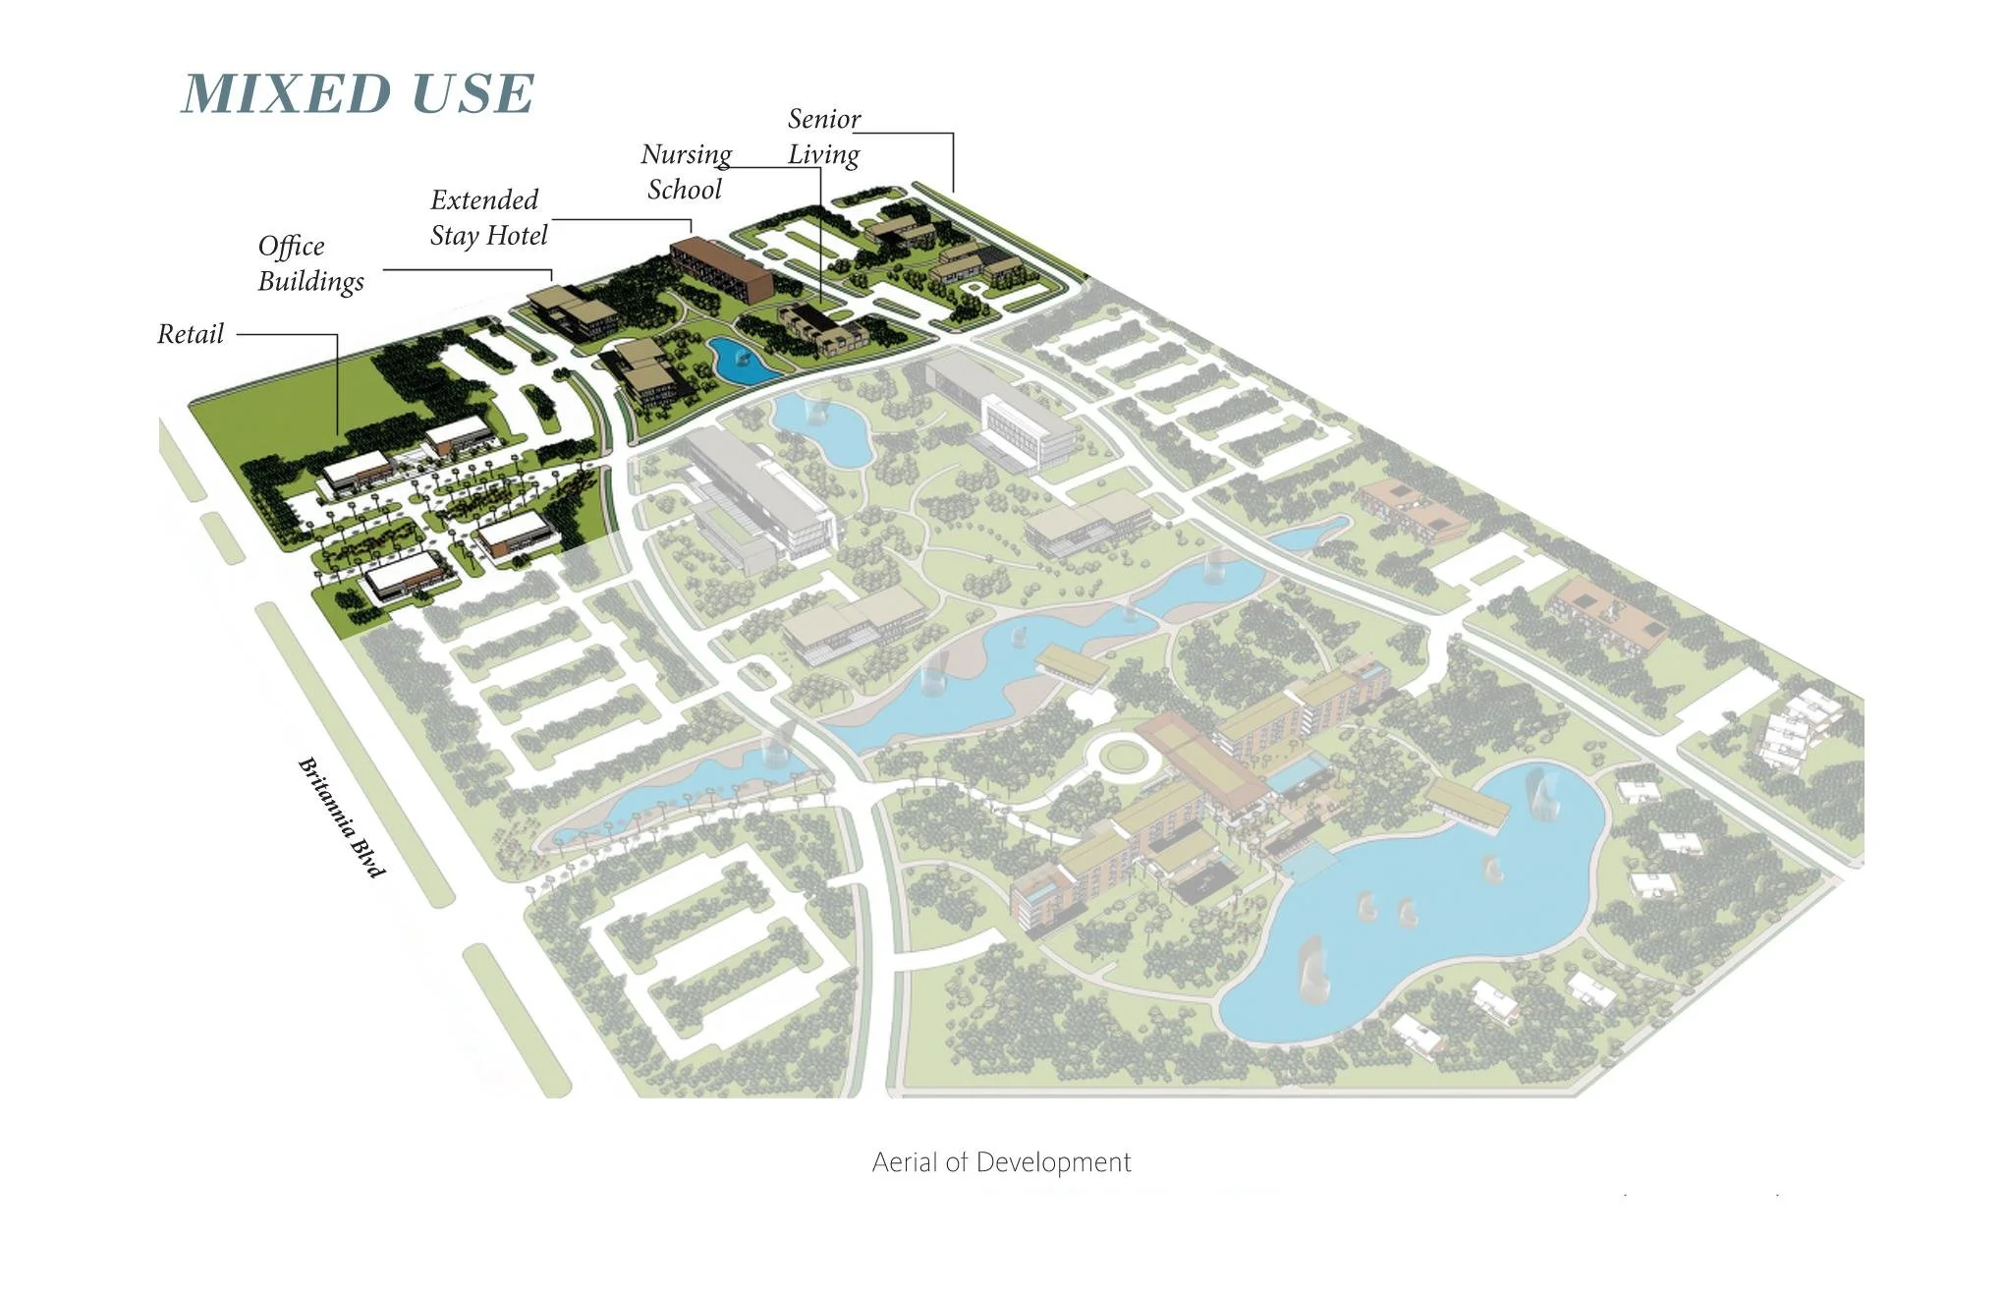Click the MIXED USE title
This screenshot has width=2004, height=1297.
(359, 94)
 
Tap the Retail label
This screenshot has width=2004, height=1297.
(191, 334)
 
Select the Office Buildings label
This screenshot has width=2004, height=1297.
(310, 263)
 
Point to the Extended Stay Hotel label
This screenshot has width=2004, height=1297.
(488, 218)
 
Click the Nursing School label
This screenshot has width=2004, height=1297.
(686, 172)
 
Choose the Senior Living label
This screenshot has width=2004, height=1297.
(824, 137)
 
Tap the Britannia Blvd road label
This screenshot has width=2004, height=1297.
(341, 817)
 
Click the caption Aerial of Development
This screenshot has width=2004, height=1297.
(1001, 1162)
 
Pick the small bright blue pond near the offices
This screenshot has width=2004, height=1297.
(742, 361)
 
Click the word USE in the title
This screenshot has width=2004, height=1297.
(473, 94)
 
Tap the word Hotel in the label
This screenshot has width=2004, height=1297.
(518, 236)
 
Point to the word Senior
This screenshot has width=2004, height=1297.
(824, 119)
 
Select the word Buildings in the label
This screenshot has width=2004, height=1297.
(310, 282)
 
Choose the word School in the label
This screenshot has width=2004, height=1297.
(685, 190)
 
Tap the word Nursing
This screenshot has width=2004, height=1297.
(687, 155)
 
